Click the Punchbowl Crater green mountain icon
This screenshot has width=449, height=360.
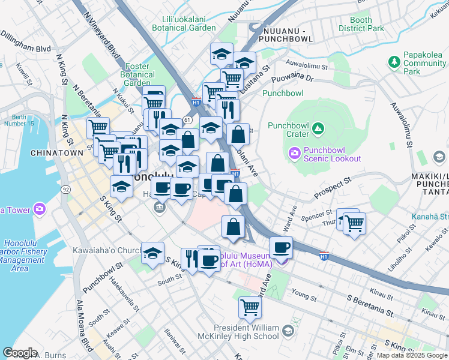coord(318,128)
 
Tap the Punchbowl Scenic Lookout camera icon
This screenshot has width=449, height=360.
coord(295,153)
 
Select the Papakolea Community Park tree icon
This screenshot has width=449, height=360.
coord(394,62)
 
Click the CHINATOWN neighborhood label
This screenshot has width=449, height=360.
coord(58,153)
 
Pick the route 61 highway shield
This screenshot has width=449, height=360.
coord(187,120)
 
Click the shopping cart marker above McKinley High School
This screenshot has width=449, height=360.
coord(250,308)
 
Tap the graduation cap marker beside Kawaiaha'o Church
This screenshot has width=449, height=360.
coord(153,253)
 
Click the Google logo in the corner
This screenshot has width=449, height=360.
coord(20,352)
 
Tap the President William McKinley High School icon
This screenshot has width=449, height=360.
coord(288,331)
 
